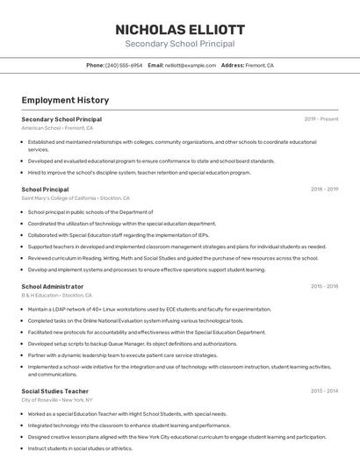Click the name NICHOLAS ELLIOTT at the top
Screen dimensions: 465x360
pyautogui.click(x=179, y=29)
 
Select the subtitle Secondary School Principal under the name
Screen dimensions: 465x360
pyautogui.click(x=179, y=44)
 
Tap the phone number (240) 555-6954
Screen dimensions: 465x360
pyautogui.click(x=124, y=65)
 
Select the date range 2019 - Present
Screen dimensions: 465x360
pyautogui.click(x=321, y=119)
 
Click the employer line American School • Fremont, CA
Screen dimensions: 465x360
pyautogui.click(x=57, y=128)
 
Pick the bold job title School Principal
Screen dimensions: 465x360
pyautogui.click(x=45, y=190)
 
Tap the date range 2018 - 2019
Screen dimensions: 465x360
pyautogui.click(x=324, y=190)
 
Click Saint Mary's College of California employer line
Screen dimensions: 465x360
pyautogui.click(x=76, y=198)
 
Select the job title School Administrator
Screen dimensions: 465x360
pyautogui.click(x=53, y=287)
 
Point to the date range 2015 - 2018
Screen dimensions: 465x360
pyautogui.click(x=324, y=287)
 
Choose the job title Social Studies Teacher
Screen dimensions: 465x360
pyautogui.click(x=55, y=391)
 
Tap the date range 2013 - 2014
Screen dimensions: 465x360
pyautogui.click(x=324, y=391)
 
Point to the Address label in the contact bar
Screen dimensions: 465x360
pyautogui.click(x=233, y=65)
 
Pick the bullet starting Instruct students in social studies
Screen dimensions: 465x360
pyautogui.click(x=80, y=448)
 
